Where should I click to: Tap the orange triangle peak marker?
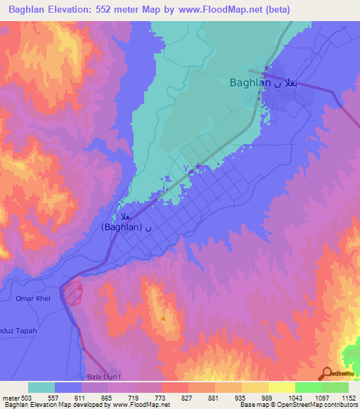point(163,318)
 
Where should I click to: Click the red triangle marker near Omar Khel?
point(80,287)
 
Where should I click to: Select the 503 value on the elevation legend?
point(27,398)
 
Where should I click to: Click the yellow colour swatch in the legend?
point(282,387)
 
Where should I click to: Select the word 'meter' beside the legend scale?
point(9,398)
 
